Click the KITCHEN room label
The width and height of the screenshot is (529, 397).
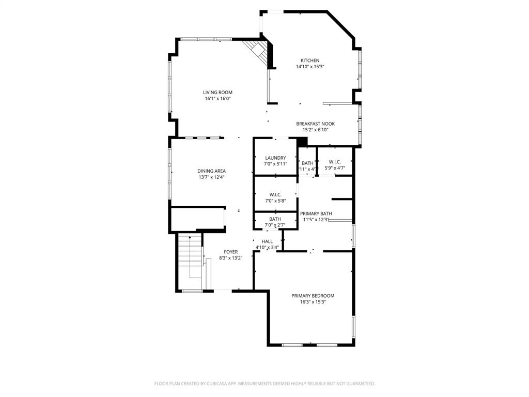(x=310, y=60)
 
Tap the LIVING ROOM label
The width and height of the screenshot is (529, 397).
(x=217, y=92)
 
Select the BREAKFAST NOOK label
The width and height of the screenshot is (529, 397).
(x=315, y=124)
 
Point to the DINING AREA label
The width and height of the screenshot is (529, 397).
(x=211, y=171)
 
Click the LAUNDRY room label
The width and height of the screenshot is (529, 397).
(x=275, y=158)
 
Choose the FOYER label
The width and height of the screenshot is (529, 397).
(x=230, y=252)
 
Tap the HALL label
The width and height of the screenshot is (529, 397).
(x=267, y=241)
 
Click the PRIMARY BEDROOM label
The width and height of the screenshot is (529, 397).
(x=313, y=296)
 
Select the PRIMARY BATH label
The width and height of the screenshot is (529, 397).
(x=316, y=213)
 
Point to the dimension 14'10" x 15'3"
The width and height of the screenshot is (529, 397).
(x=310, y=67)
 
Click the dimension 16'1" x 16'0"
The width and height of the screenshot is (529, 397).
(x=217, y=98)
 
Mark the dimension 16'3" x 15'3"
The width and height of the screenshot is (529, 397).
(x=313, y=302)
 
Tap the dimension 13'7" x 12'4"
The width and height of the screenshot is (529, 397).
(x=211, y=177)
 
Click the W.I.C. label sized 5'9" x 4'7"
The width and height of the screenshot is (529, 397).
(x=335, y=162)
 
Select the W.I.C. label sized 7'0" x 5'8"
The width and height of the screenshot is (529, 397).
(x=275, y=194)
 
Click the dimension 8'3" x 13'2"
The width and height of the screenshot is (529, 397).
(x=230, y=258)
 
